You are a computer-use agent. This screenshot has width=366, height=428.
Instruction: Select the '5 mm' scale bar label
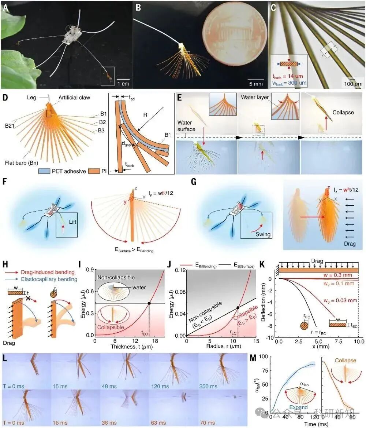255,84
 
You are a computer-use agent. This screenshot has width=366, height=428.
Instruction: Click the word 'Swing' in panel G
264,234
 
